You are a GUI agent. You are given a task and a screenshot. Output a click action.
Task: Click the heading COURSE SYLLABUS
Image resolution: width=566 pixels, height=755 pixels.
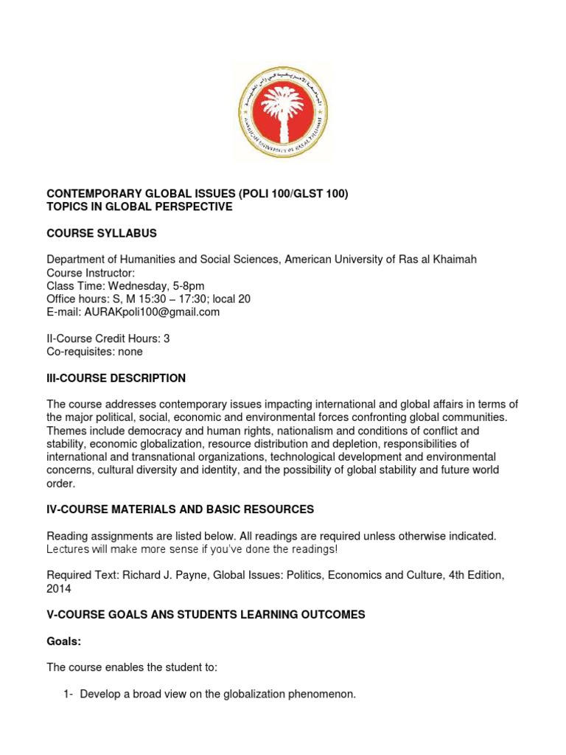102,234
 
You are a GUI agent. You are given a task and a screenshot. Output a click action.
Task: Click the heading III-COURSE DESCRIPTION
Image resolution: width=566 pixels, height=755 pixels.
116,378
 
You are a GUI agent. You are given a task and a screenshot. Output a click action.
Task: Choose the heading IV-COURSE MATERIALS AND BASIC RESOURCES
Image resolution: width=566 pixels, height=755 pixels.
181,509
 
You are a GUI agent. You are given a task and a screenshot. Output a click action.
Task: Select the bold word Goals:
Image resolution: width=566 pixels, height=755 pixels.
63,641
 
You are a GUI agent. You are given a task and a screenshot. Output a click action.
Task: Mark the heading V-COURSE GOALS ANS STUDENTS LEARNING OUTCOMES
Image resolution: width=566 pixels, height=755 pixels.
206,615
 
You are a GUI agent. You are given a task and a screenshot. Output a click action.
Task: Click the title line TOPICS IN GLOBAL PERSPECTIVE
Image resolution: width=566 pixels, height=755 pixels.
139,207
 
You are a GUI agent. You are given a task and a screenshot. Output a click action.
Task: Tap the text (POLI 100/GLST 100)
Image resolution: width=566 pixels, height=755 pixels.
293,194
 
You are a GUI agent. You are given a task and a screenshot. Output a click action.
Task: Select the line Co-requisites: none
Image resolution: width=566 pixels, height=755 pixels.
94,352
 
